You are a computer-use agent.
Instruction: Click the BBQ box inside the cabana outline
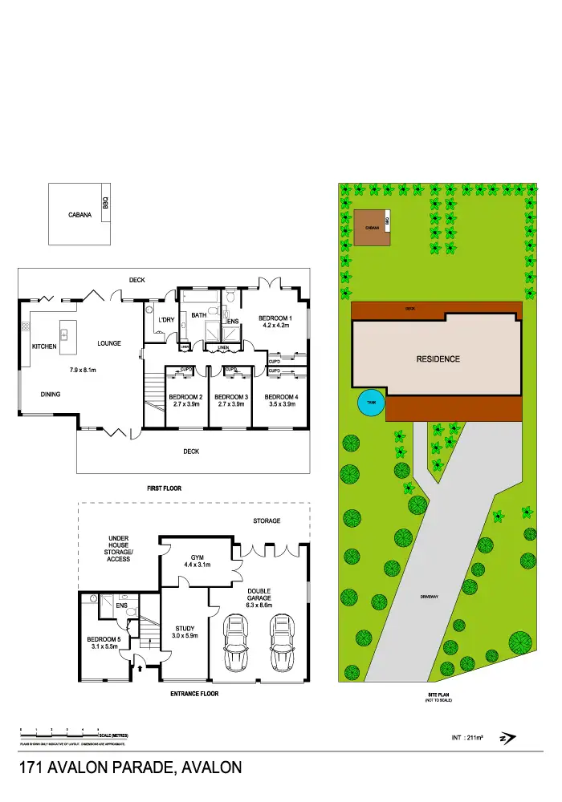click(104, 205)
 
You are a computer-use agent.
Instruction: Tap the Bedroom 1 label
click(275, 322)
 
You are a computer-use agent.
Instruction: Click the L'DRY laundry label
click(166, 321)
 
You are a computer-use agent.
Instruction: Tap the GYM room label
click(198, 561)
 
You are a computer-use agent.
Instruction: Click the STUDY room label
click(185, 633)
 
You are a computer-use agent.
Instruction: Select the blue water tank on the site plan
click(371, 403)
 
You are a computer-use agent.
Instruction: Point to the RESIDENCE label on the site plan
click(438, 358)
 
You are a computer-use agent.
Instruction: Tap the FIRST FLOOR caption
click(164, 488)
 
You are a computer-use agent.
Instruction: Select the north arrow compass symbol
click(507, 738)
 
